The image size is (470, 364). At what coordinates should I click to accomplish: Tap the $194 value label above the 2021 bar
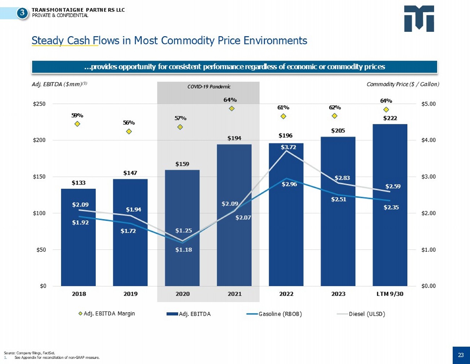click(x=234, y=138)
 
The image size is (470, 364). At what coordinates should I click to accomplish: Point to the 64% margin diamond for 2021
click(x=232, y=108)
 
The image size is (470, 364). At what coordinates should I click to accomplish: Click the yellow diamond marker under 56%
click(x=129, y=131)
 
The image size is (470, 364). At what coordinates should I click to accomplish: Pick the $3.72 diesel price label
click(x=288, y=147)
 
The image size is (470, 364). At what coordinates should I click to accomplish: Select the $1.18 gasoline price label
click(x=184, y=250)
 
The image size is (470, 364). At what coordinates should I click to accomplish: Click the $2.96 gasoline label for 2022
click(x=289, y=184)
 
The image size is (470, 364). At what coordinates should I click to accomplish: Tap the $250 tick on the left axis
click(x=39, y=104)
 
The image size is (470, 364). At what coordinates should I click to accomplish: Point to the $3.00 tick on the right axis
click(x=428, y=177)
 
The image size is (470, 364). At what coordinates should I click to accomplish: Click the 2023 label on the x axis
click(x=338, y=294)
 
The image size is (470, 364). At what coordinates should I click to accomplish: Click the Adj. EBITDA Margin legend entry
click(x=109, y=313)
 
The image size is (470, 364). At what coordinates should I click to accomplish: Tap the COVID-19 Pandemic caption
click(x=209, y=87)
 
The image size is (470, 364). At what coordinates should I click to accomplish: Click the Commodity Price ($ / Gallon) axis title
click(x=403, y=84)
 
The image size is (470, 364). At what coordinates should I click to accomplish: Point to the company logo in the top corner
click(x=419, y=18)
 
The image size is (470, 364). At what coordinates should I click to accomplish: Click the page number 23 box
click(x=461, y=355)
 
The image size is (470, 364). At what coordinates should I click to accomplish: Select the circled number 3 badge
click(x=22, y=13)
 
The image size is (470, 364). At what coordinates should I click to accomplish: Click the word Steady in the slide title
click(x=47, y=41)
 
